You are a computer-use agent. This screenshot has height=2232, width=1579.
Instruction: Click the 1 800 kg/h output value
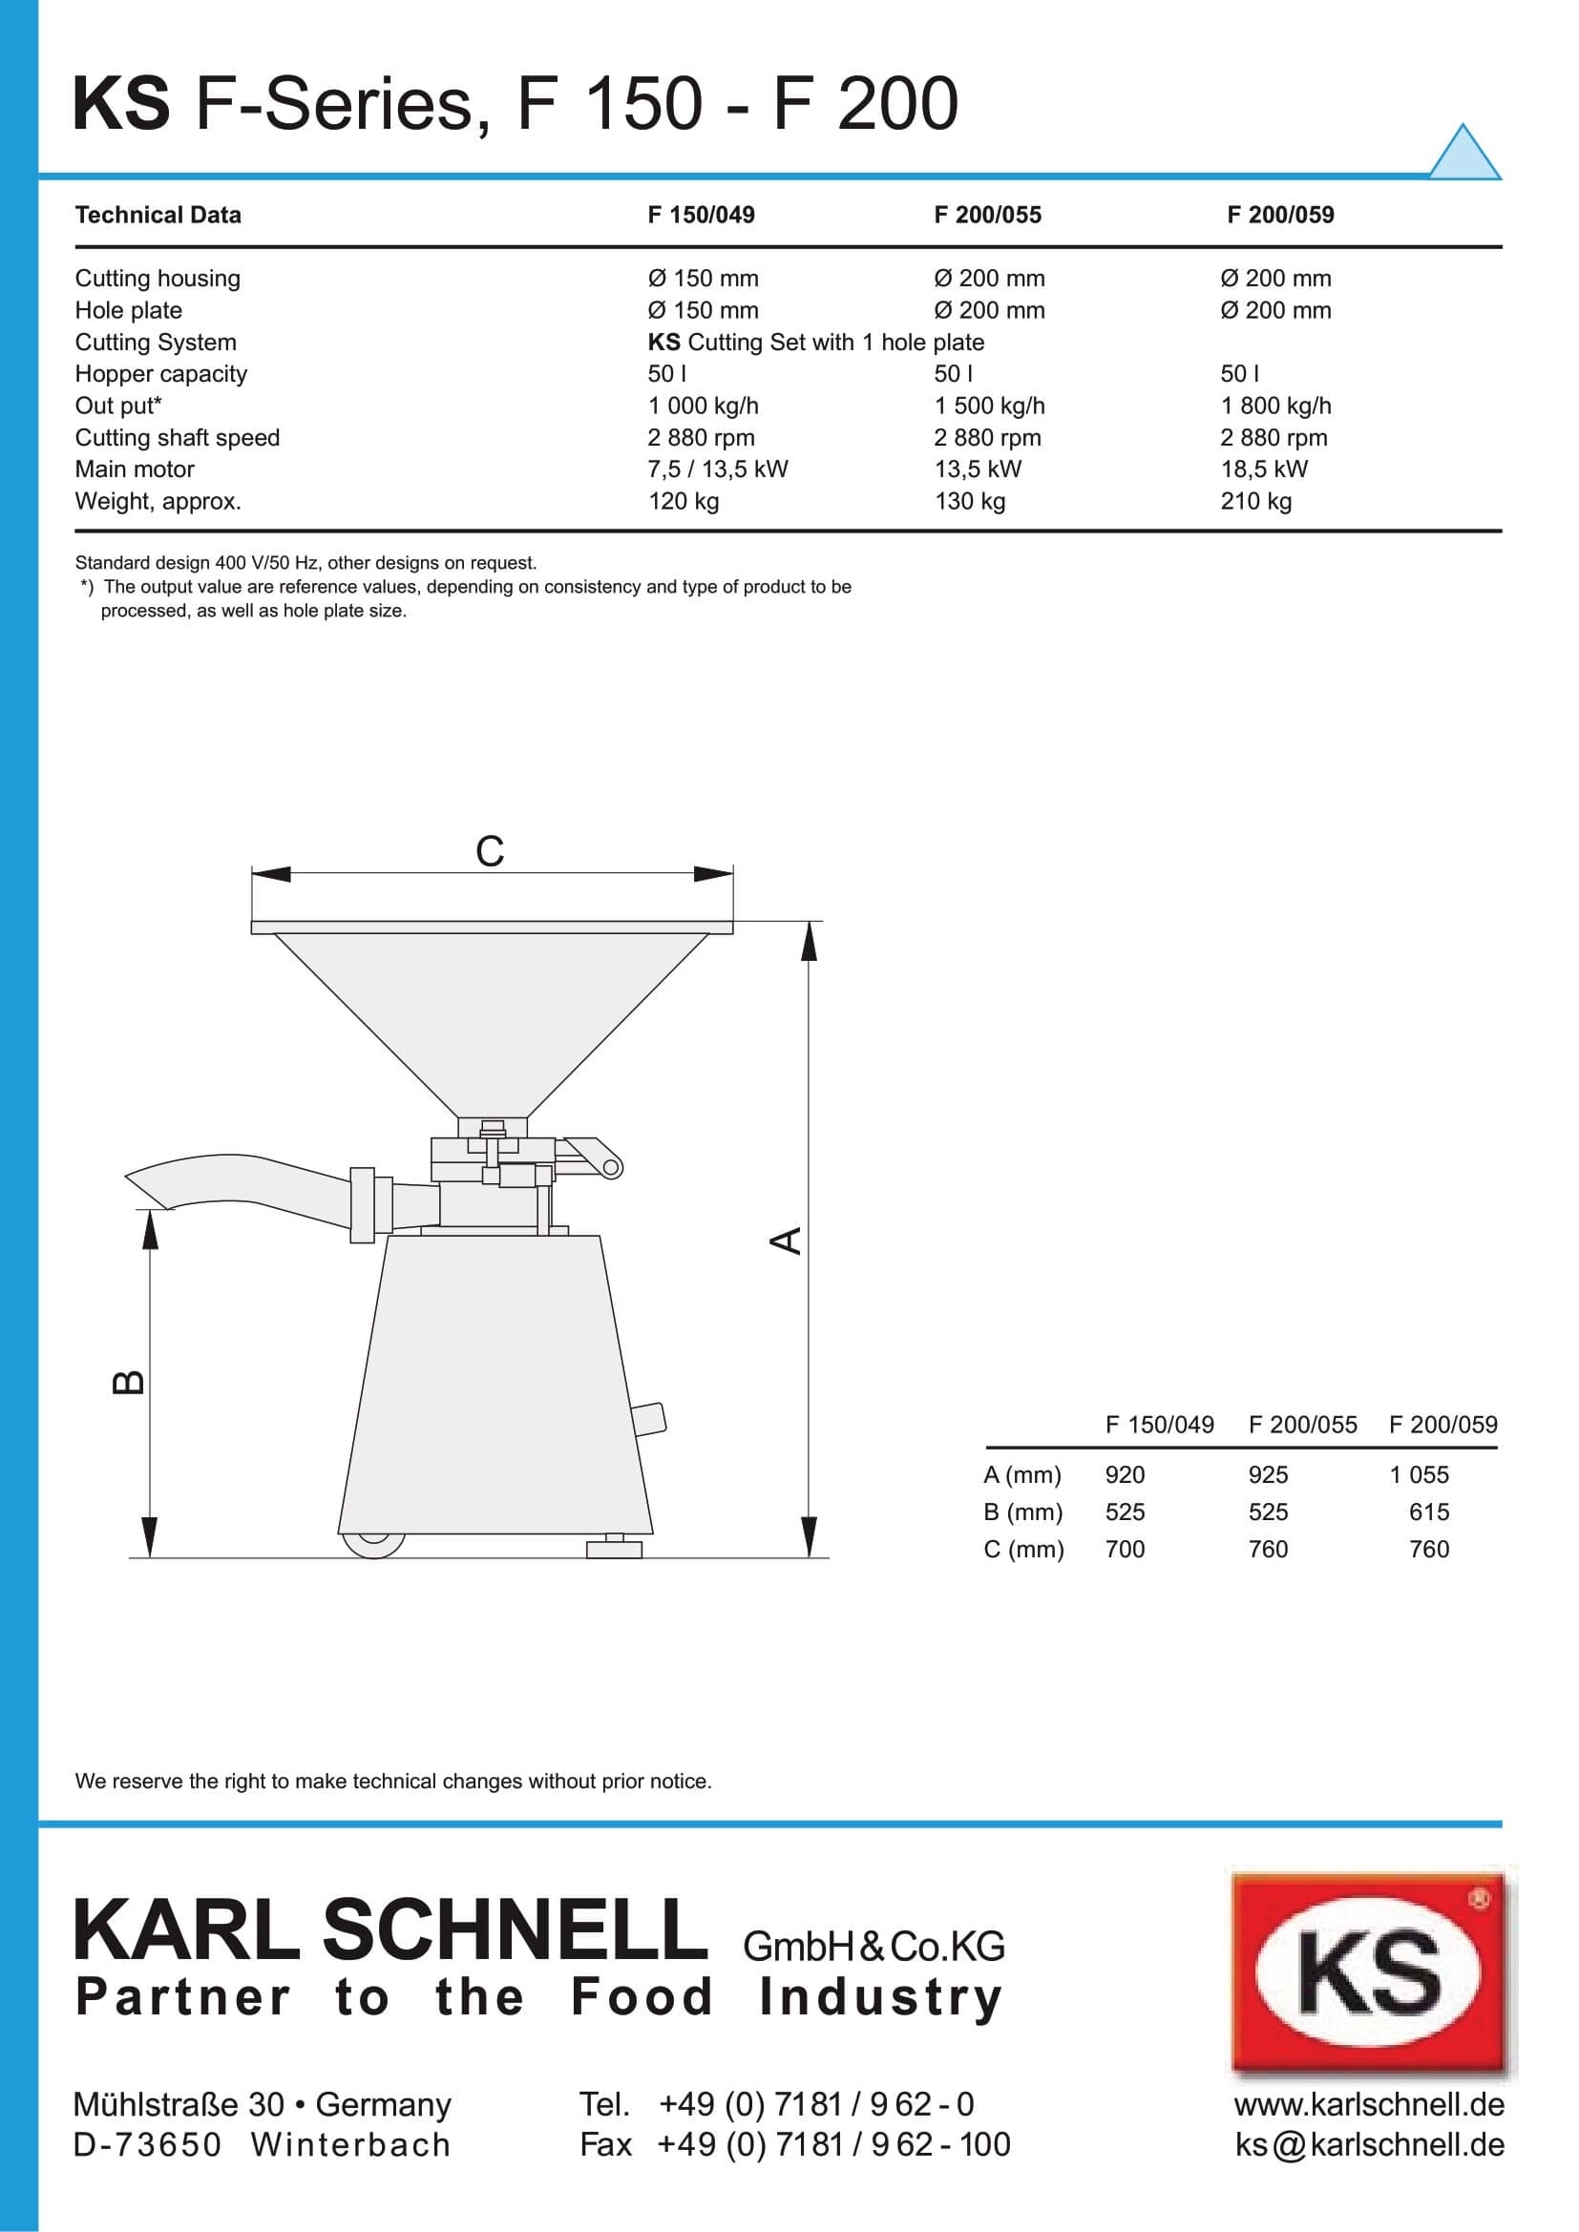pyautogui.click(x=1274, y=406)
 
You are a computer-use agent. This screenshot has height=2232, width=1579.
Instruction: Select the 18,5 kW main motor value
pyautogui.click(x=1263, y=469)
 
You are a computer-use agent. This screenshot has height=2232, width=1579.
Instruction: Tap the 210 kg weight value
pyautogui.click(x=1255, y=502)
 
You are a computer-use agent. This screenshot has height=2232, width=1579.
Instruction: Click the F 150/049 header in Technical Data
pyautogui.click(x=700, y=215)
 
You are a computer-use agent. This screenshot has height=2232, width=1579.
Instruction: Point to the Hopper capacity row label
pyautogui.click(x=160, y=374)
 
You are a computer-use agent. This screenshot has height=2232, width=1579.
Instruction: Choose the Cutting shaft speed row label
pyautogui.click(x=177, y=437)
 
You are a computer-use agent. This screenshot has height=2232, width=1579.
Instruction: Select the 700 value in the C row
pyautogui.click(x=1124, y=1549)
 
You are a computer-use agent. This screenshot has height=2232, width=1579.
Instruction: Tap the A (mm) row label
pyautogui.click(x=1021, y=1474)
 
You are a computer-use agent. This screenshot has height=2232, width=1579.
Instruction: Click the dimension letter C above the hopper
pyautogui.click(x=489, y=851)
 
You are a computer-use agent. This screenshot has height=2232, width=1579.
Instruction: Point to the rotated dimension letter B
pyautogui.click(x=129, y=1382)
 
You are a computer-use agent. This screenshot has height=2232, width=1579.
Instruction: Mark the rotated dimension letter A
pyautogui.click(x=787, y=1241)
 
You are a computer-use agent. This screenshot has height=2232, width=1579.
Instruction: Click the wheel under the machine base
pyautogui.click(x=373, y=1543)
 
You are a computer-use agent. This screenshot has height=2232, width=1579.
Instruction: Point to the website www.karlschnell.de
pyautogui.click(x=1368, y=2105)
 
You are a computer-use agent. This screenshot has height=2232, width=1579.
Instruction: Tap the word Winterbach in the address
pyautogui.click(x=350, y=2144)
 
